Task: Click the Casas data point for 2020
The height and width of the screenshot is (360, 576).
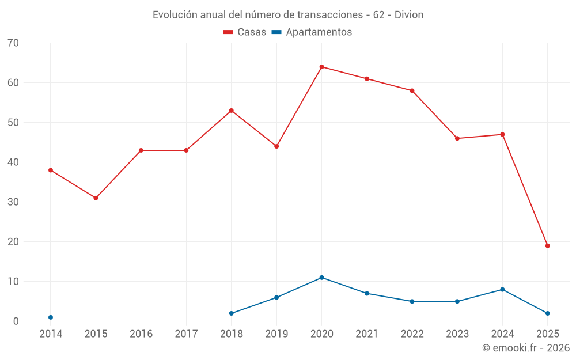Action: coord(322,67)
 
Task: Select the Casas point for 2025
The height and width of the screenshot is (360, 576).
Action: coord(548,246)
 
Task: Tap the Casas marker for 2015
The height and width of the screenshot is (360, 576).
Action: coord(96,198)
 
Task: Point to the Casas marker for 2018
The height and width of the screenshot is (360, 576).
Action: coord(232,111)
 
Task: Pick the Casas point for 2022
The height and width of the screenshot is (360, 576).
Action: coord(412,91)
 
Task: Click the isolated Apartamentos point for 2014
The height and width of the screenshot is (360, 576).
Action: coord(51,317)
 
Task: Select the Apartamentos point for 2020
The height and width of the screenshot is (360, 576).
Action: coord(322,278)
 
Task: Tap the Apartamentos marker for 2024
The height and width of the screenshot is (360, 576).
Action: coord(502,290)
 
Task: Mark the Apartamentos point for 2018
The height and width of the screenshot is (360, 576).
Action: coord(232,313)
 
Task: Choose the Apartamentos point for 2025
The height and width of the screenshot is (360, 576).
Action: coord(548,313)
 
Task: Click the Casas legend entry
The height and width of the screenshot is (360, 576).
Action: coord(245,32)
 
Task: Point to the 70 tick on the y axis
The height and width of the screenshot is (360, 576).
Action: coord(13,43)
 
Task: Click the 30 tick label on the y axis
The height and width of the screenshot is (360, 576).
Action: coord(13,202)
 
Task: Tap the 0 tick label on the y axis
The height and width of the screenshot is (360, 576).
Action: coord(16,321)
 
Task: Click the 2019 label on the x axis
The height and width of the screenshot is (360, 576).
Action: coord(276,334)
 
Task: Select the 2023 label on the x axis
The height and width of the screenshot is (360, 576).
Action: coord(457,334)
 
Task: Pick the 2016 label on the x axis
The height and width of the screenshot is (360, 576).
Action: coord(141,334)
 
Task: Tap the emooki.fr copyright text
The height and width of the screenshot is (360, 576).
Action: coord(526,348)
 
